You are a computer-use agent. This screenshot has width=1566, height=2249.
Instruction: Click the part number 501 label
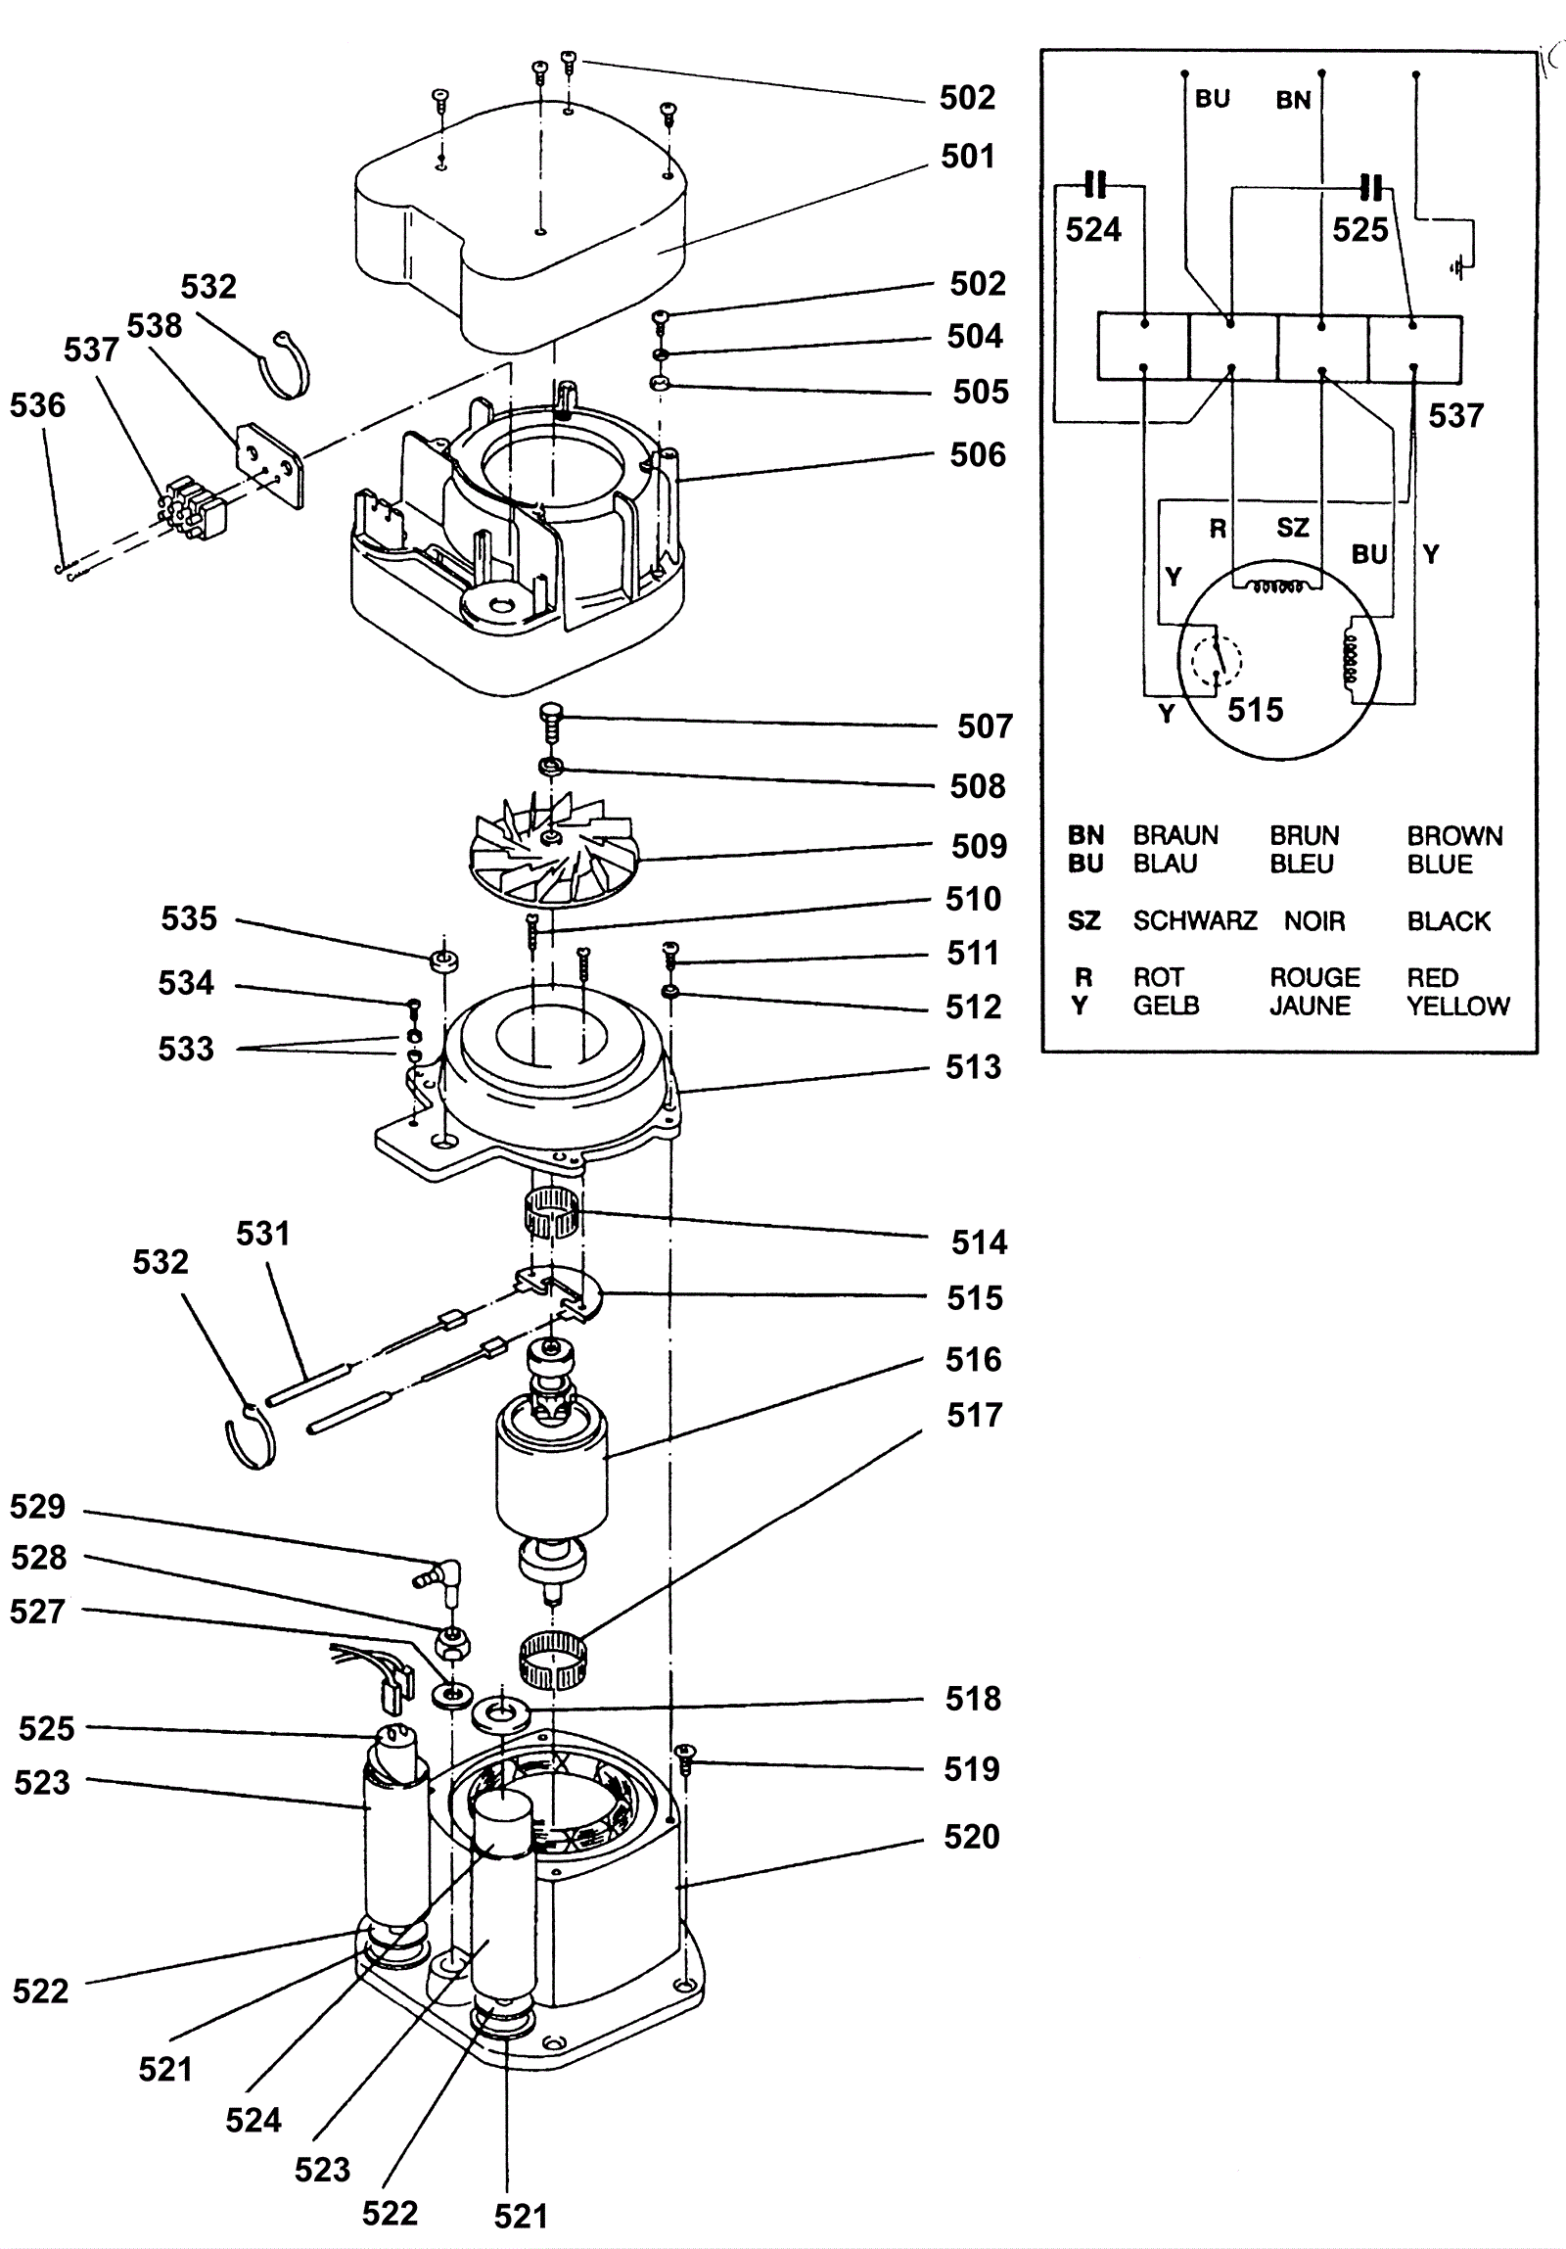click(968, 156)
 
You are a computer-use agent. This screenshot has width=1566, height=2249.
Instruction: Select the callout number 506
click(978, 454)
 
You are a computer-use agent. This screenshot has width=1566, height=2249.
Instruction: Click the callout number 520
click(972, 1836)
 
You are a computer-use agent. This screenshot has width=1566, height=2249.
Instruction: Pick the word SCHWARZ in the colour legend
click(1195, 920)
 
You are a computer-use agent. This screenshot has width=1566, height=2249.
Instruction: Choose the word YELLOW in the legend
click(1458, 1006)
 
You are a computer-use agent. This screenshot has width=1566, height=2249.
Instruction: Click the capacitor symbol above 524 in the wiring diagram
click(1096, 184)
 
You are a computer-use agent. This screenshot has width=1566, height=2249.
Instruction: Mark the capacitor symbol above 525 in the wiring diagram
click(1374, 185)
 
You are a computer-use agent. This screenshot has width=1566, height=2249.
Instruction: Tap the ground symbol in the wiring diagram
click(1460, 266)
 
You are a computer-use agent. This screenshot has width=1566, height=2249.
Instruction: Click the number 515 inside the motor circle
click(1255, 709)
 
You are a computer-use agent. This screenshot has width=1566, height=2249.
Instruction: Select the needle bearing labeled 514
click(551, 1217)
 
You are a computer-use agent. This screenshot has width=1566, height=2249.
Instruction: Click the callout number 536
click(37, 405)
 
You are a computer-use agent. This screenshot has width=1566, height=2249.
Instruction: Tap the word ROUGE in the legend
click(1314, 977)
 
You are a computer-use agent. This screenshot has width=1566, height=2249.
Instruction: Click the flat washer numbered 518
click(501, 1715)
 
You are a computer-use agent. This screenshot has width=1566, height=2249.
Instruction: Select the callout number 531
click(262, 1234)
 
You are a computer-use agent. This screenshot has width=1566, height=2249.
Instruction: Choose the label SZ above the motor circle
click(1292, 528)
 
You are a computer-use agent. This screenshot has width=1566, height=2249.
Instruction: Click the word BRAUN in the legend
click(1175, 835)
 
